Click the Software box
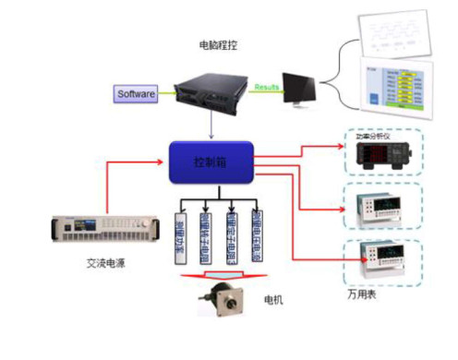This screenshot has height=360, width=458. [137, 93]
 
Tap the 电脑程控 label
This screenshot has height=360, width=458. [223, 43]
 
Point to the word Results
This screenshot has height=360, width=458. [267, 84]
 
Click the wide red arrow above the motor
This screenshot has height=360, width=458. [219, 275]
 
